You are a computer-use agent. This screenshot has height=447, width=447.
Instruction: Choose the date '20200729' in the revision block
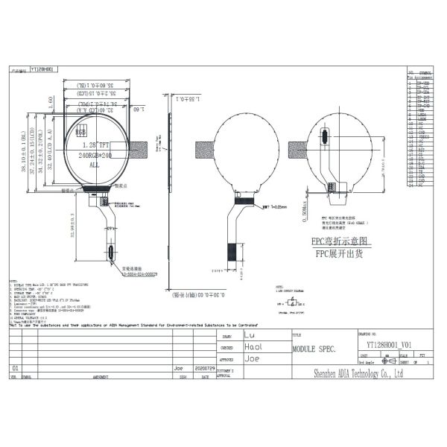pos(203,368)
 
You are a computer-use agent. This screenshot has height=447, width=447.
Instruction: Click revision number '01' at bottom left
pos(15,368)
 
